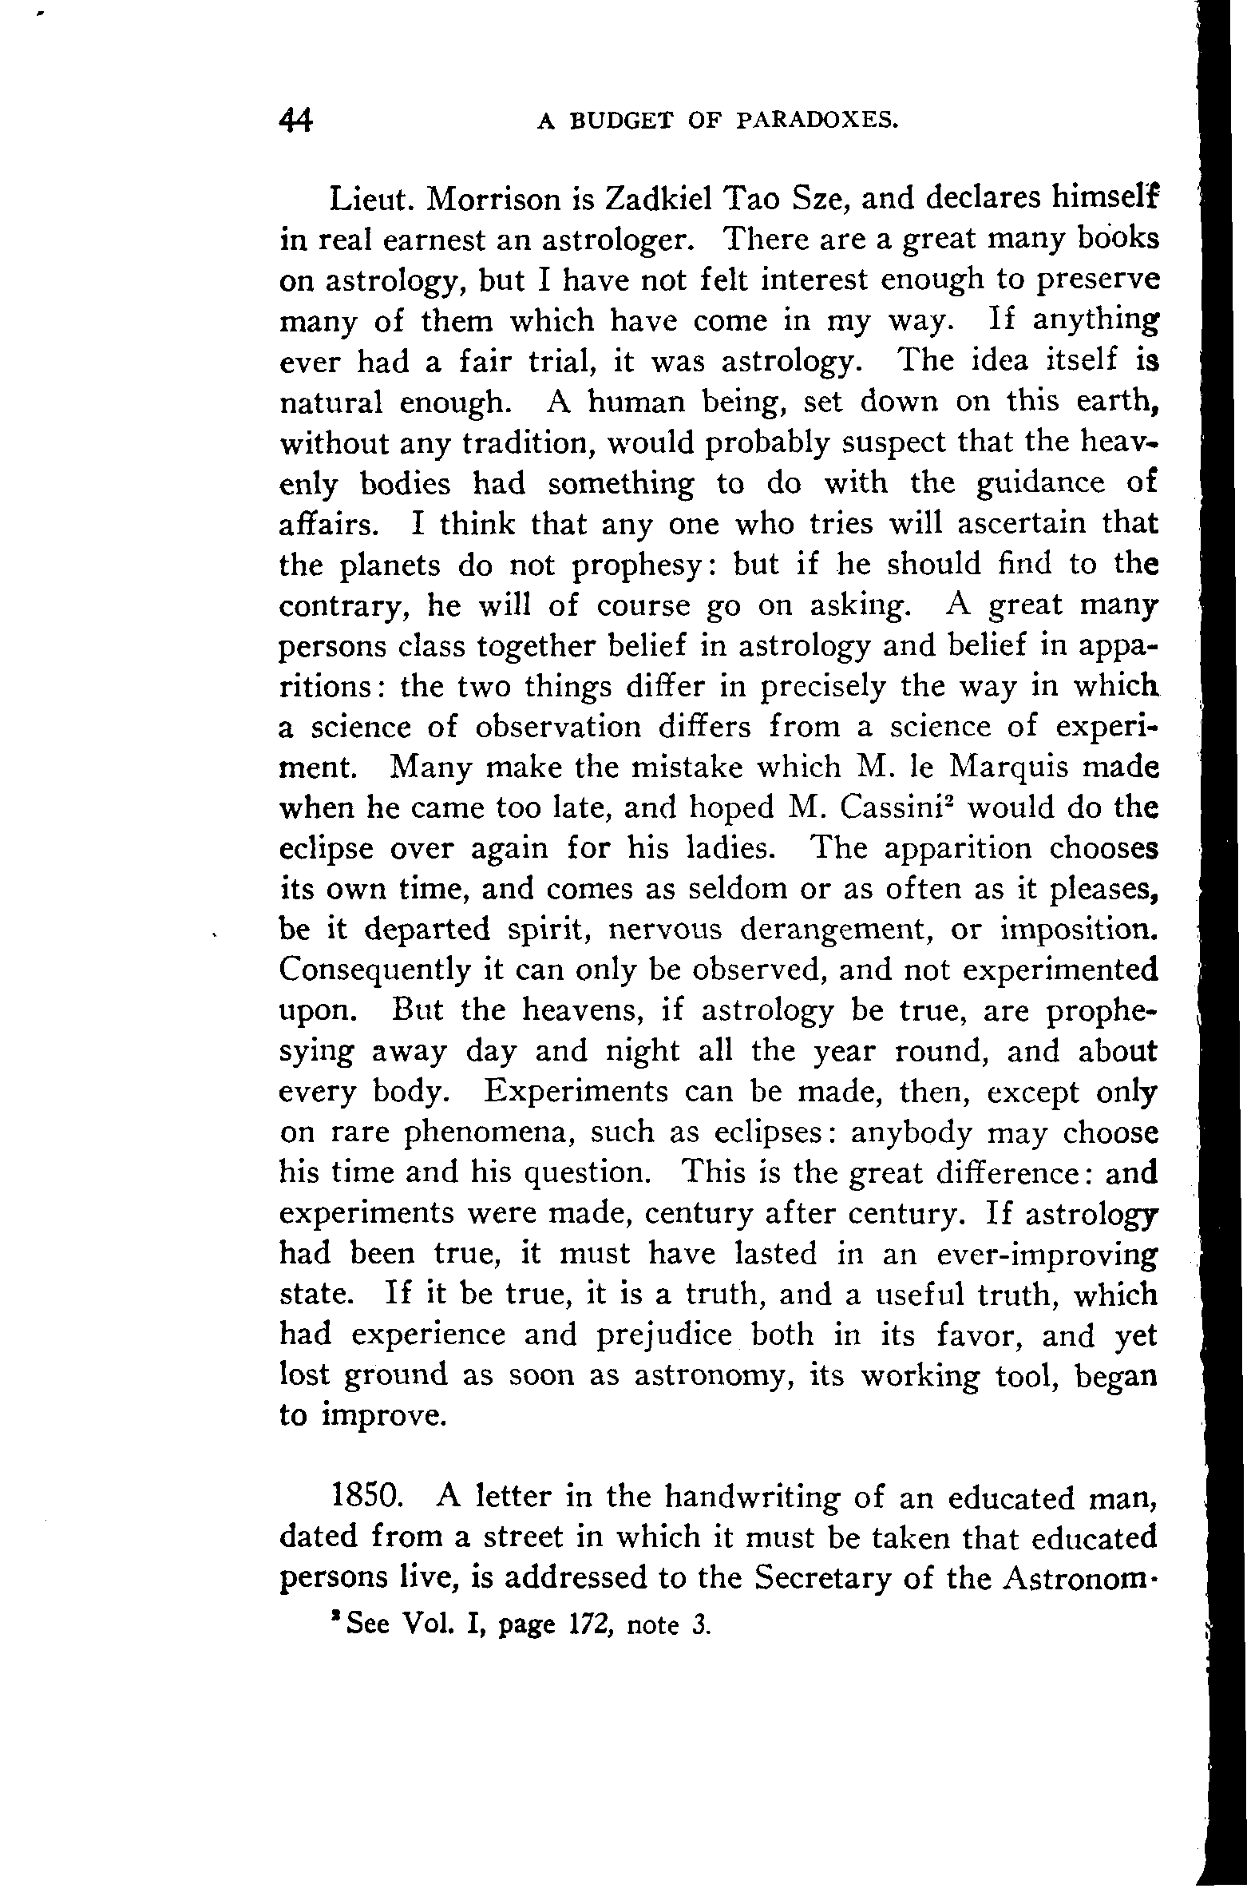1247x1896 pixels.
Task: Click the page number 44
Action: (296, 120)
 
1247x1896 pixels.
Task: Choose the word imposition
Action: (1077, 930)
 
